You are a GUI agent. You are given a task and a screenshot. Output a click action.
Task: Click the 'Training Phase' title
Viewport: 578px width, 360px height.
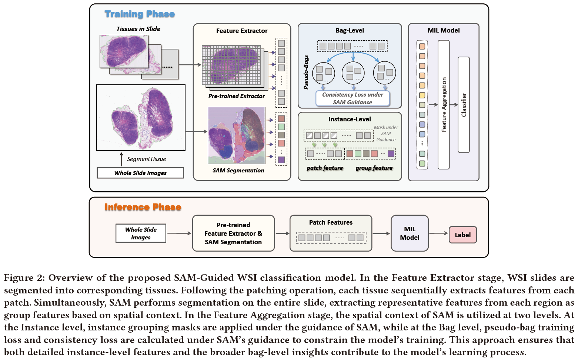pyautogui.click(x=140, y=14)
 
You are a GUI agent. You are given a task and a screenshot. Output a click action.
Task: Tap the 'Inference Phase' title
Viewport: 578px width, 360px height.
pyautogui.click(x=143, y=207)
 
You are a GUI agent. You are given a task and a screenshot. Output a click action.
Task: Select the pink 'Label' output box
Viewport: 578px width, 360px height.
pyautogui.click(x=462, y=235)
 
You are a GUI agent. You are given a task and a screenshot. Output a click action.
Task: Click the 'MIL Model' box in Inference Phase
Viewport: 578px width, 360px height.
pyautogui.click(x=410, y=233)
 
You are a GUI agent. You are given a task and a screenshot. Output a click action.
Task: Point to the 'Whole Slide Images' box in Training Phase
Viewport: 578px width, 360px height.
pyautogui.click(x=140, y=173)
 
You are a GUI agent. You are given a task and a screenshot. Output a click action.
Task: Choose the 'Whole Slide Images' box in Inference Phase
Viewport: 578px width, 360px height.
pyautogui.click(x=141, y=233)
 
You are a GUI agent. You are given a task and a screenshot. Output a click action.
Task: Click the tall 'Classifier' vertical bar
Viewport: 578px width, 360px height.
pyautogui.click(x=464, y=105)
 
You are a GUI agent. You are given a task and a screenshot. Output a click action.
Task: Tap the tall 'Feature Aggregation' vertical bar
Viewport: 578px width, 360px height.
pyautogui.click(x=444, y=105)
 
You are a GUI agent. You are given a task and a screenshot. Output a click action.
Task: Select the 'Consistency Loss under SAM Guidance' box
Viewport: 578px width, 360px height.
pyautogui.click(x=353, y=98)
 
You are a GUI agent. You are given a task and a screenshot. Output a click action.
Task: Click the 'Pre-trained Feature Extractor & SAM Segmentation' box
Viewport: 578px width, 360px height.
pyautogui.click(x=233, y=233)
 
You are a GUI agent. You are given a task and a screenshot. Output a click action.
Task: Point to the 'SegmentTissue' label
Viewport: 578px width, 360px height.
pyautogui.click(x=146, y=159)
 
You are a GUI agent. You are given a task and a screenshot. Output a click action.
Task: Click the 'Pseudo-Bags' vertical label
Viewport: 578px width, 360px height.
pyautogui.click(x=306, y=73)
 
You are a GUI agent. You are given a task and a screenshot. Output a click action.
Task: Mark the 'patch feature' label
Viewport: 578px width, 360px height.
pyautogui.click(x=325, y=168)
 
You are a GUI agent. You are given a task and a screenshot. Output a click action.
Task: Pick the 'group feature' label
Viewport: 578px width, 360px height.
pyautogui.click(x=374, y=168)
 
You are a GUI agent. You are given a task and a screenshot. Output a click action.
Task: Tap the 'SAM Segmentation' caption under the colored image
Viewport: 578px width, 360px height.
pyautogui.click(x=238, y=171)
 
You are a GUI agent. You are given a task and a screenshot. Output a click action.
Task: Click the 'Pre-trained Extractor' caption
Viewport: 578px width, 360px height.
pyautogui.click(x=236, y=96)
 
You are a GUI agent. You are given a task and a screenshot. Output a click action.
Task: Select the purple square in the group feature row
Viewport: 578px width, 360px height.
pyautogui.click(x=391, y=154)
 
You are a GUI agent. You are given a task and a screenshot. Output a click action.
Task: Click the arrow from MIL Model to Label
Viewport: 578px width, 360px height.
pyautogui.click(x=438, y=233)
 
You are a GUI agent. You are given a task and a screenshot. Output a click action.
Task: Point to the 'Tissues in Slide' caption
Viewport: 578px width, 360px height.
pyautogui.click(x=138, y=29)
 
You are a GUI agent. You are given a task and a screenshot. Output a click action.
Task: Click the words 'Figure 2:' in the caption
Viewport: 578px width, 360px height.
pyautogui.click(x=24, y=278)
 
